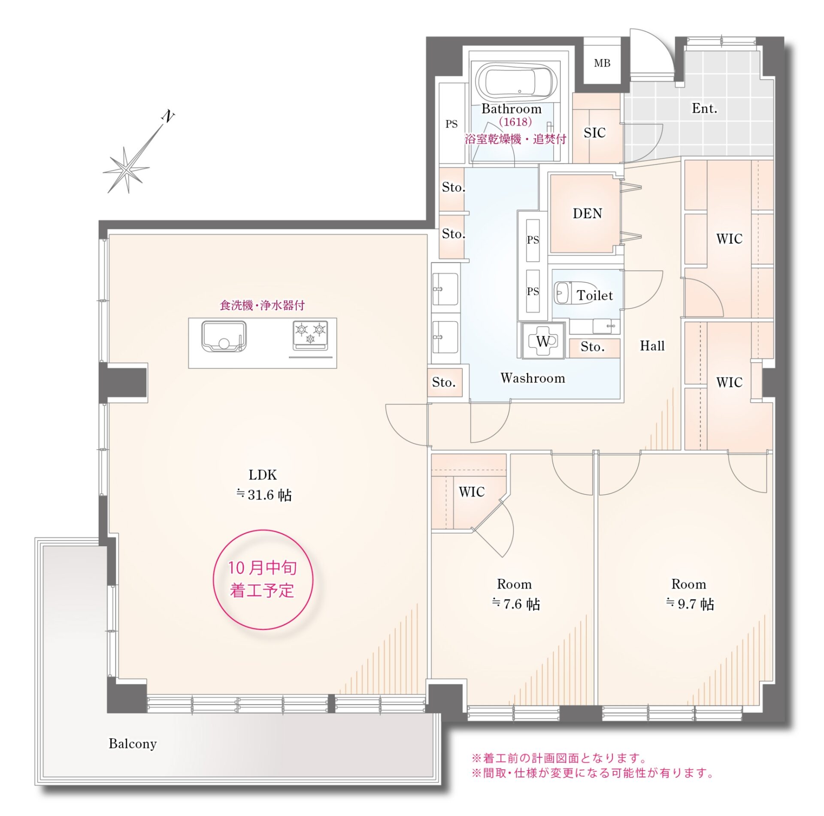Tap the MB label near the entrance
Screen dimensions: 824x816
(x=602, y=63)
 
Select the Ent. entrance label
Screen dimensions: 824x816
(x=704, y=108)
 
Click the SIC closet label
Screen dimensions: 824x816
(x=594, y=133)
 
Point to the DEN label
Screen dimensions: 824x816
(x=587, y=213)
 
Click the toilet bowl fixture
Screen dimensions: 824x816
(x=576, y=294)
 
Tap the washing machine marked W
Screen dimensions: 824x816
(x=543, y=341)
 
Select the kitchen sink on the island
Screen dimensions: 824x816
(x=224, y=337)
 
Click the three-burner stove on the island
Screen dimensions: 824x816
(x=310, y=334)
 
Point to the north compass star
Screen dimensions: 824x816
(x=126, y=170)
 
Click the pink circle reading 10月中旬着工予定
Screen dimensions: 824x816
(x=263, y=580)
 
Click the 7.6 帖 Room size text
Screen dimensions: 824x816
(x=516, y=604)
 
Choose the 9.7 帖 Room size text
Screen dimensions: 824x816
(x=690, y=604)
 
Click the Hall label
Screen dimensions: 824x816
(x=652, y=346)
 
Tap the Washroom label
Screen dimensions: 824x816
(x=533, y=378)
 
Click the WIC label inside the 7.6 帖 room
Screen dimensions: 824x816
(x=472, y=492)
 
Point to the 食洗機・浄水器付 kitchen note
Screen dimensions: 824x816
(x=262, y=305)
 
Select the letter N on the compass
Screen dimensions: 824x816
(x=168, y=116)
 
